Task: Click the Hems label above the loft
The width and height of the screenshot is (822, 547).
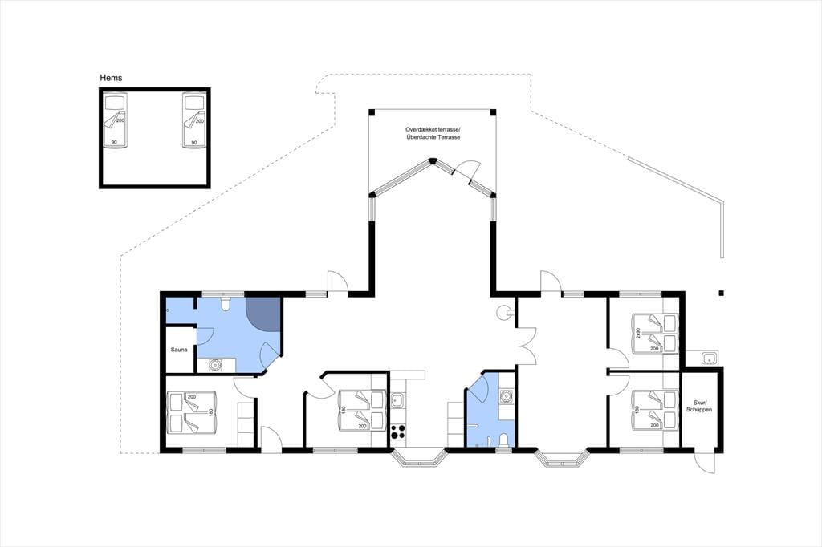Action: coord(111,78)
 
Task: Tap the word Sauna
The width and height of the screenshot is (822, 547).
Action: coord(179,350)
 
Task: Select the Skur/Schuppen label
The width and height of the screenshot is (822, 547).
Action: coord(699,406)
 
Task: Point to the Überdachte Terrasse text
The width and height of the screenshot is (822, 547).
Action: coord(433,137)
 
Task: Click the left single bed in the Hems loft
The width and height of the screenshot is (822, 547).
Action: coord(115,120)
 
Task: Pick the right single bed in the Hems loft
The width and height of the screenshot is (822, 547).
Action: coord(193,120)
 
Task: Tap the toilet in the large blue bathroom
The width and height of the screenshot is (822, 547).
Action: coord(226,303)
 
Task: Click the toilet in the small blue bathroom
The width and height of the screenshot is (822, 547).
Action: coord(503,440)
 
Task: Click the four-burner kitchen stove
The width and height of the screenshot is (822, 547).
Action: coord(398,432)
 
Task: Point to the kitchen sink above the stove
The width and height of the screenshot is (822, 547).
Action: coord(397,401)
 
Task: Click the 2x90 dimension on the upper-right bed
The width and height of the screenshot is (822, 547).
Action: coord(638,333)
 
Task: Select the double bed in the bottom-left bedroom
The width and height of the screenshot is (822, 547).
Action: coord(192,412)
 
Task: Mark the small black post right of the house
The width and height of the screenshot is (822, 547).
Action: coord(722,293)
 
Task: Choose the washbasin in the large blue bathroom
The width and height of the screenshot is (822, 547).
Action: coord(215,365)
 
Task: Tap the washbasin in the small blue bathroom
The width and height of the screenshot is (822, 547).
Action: coord(506,396)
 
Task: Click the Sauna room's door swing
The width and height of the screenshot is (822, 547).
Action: coord(205,336)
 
